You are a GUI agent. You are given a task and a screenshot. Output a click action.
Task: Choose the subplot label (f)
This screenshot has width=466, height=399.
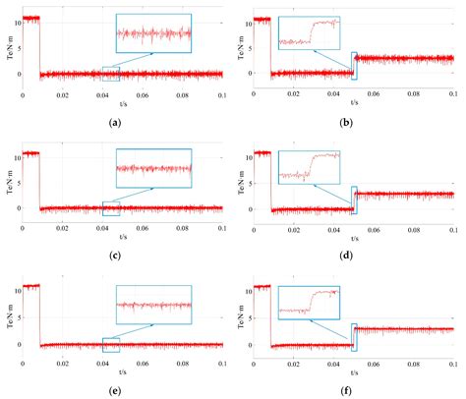click(349, 390)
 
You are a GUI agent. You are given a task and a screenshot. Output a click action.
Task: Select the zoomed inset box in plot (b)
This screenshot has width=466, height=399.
click(309, 33)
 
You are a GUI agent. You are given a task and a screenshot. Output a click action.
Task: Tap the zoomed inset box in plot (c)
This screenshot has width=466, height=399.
click(152, 168)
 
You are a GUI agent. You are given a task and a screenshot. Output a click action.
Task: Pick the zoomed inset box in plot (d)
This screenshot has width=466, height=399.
click(309, 168)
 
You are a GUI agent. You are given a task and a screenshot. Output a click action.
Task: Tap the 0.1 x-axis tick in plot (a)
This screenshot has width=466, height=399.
click(222, 94)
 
